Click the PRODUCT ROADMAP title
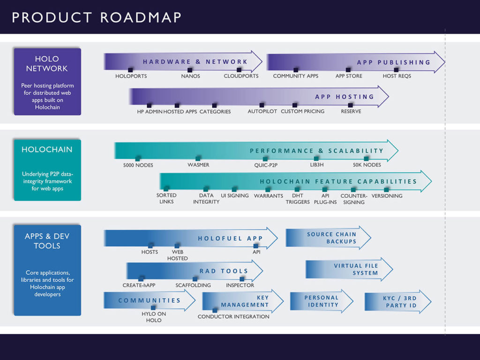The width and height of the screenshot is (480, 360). [x=96, y=17]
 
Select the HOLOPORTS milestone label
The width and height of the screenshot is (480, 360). [x=131, y=76]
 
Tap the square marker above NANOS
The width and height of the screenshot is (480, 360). [x=190, y=70]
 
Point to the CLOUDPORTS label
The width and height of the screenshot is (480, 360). [x=241, y=76]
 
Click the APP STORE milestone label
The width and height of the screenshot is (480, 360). [x=349, y=76]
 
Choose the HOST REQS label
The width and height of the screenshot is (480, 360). [x=397, y=76]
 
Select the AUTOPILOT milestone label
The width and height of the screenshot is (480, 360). [x=262, y=112]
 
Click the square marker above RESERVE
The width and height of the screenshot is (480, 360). [x=351, y=105]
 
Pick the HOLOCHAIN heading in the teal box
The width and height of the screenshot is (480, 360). [x=47, y=150]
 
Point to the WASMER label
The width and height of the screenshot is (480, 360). [x=198, y=165]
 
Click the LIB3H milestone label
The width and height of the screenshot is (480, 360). [x=316, y=165]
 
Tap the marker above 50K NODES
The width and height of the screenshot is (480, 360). [x=367, y=158]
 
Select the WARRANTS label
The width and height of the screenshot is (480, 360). [x=268, y=195]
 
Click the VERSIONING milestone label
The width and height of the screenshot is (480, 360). [x=387, y=195]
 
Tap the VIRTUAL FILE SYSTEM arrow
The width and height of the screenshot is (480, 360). [x=349, y=269]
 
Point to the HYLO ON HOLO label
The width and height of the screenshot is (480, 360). [x=153, y=317]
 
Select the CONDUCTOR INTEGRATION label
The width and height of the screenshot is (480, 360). [x=233, y=316]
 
